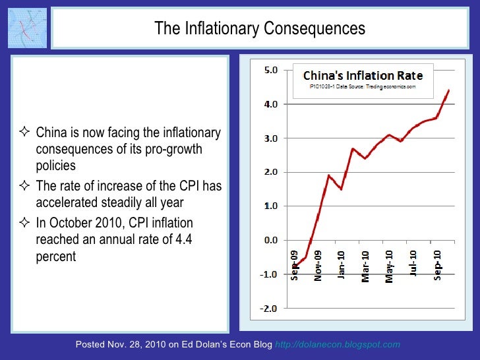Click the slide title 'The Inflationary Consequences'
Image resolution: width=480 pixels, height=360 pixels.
click(x=259, y=29)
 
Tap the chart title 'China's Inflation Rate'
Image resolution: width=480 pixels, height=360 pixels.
click(x=363, y=76)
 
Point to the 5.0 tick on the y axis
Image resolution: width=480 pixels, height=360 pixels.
click(x=270, y=70)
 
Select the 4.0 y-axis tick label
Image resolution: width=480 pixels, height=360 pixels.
click(x=270, y=104)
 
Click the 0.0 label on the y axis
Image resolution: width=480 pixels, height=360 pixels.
click(x=270, y=240)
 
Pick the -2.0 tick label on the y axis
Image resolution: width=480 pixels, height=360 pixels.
click(x=269, y=308)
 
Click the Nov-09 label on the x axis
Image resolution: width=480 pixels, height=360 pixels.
click(x=318, y=265)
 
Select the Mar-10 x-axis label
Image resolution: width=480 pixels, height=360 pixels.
click(x=365, y=265)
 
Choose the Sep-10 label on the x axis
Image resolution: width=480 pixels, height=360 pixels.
click(x=436, y=264)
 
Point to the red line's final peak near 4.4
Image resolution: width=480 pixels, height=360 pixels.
click(x=448, y=90)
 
